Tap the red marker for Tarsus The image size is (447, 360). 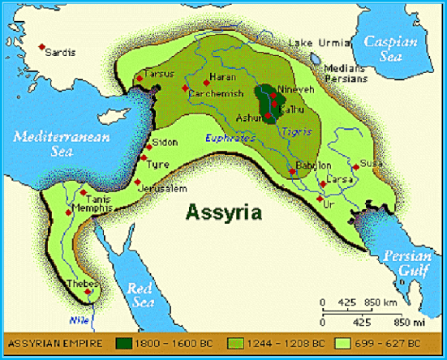[140, 78]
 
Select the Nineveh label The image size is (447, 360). [294, 89]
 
